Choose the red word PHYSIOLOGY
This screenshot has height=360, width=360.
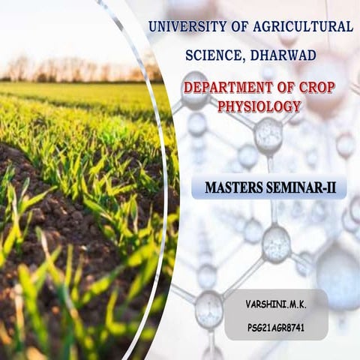coord(259,106)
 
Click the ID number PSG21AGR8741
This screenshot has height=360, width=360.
coord(275,328)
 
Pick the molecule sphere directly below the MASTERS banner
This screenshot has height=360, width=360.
coord(275,242)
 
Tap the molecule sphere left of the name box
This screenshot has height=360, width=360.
coord(208,307)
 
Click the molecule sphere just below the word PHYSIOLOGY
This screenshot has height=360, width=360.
coord(268,135)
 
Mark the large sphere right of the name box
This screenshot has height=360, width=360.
coord(341,274)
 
